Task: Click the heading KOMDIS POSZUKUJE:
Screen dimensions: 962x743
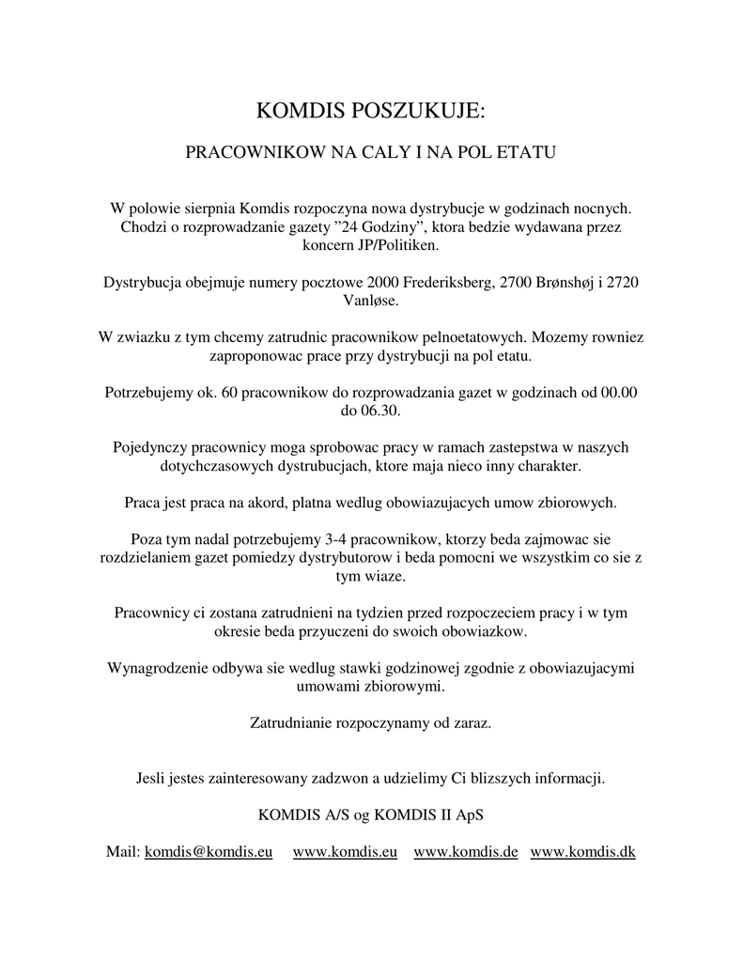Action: click(x=371, y=112)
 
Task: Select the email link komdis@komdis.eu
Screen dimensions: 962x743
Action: click(x=209, y=851)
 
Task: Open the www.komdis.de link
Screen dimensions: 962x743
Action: click(x=466, y=851)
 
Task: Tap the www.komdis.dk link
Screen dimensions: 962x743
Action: click(x=583, y=851)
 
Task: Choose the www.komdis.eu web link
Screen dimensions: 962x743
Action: click(x=345, y=851)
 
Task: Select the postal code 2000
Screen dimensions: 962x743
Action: click(x=383, y=282)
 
